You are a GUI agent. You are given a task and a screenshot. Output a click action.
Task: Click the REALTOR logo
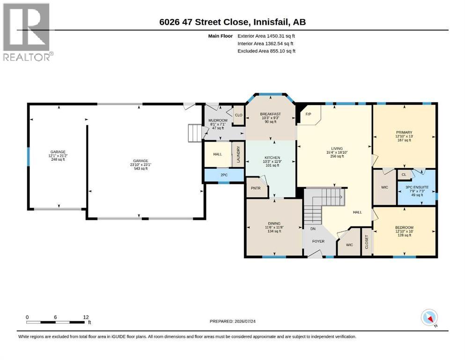tap(28, 32)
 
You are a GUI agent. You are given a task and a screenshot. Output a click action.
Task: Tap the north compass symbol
tap(429, 318)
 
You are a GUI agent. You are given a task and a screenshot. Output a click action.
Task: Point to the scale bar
tap(56, 322)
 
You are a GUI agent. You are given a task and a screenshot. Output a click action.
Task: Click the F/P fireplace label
tap(308, 114)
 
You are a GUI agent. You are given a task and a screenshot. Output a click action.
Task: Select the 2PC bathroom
tap(224, 175)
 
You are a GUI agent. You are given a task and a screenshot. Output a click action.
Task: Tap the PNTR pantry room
tap(257, 188)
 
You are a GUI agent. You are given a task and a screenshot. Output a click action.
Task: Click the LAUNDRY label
tap(238, 154)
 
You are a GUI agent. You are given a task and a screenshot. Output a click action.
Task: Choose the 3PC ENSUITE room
tap(416, 189)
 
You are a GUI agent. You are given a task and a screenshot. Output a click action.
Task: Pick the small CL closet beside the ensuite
tap(404, 174)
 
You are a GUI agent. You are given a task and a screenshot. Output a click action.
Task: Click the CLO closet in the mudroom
tap(238, 115)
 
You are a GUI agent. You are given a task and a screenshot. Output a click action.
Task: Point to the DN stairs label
tap(313, 229)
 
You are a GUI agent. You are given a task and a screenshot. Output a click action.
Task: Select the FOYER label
tap(318, 241)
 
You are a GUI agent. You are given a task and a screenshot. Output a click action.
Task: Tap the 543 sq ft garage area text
tap(140, 169)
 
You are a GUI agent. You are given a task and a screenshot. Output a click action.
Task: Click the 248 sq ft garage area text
tap(58, 159)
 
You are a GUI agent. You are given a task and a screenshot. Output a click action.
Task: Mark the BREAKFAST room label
tap(270, 114)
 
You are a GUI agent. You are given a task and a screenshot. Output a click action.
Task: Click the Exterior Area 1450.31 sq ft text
tap(266, 36)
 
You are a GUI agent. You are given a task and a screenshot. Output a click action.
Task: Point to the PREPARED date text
tap(232, 321)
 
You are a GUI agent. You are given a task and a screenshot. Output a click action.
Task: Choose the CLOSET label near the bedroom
tap(367, 242)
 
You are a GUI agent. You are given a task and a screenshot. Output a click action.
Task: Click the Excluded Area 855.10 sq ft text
tap(266, 51)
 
